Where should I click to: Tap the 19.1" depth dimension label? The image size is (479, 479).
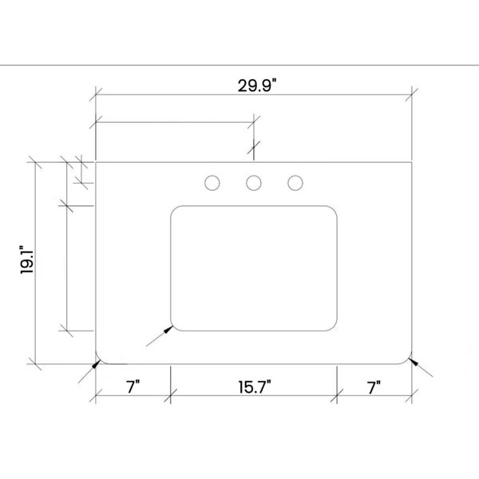coord(26,259)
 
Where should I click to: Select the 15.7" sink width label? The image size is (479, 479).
coord(255,387)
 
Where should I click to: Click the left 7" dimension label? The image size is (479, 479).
coord(133,387)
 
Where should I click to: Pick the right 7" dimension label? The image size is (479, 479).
coord(374,387)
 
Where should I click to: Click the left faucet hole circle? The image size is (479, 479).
coord(212,183)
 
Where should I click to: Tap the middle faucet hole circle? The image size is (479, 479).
coord(254,183)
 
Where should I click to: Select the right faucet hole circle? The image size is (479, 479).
coord(295,183)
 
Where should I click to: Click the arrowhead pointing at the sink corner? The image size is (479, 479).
coord(168,329)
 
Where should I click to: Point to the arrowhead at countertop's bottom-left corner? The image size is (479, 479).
coord(97,364)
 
